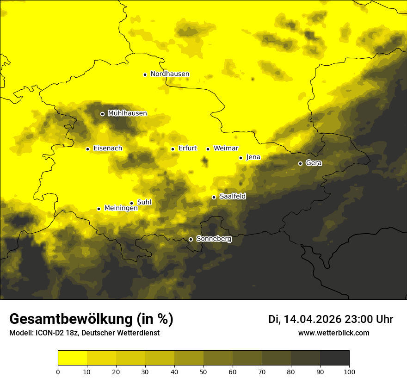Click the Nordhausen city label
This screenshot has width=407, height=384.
170,74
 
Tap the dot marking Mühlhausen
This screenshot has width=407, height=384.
102,114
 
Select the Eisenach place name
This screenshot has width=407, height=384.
108,149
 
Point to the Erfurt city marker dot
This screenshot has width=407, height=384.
173,149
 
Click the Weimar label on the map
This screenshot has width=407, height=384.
226,149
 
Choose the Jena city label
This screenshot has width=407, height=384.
253,157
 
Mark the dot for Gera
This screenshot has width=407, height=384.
300,163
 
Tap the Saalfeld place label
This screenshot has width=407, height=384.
233,197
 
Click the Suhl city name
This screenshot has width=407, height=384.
144,203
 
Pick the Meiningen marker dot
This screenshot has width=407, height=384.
99,209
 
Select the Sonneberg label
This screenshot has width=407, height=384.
214,239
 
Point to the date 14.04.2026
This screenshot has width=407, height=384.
312,319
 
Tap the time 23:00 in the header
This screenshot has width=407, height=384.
358,319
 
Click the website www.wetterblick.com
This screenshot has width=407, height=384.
333,333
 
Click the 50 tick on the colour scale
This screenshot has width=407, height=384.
203,372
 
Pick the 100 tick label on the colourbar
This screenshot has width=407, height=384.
349,372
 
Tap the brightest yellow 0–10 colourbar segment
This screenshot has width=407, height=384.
72,358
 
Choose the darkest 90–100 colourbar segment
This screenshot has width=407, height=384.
334,358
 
